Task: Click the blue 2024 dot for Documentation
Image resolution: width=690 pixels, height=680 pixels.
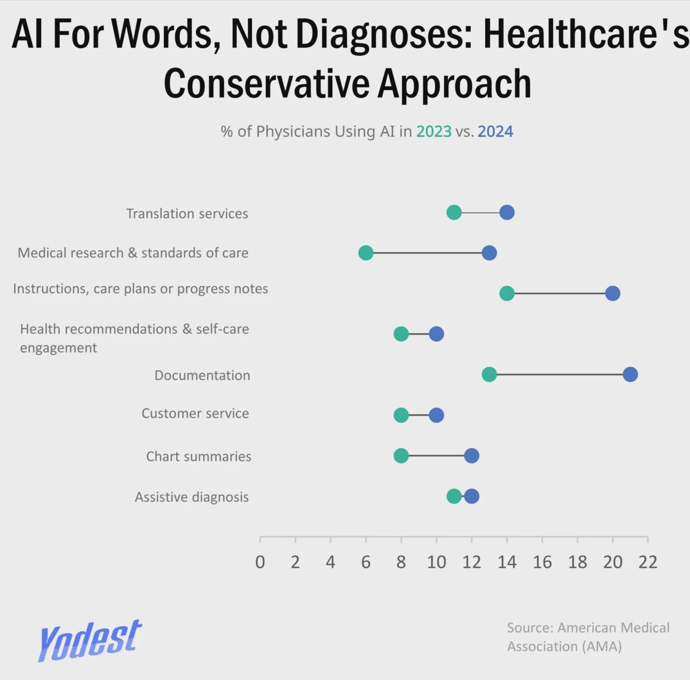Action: pyautogui.click(x=630, y=374)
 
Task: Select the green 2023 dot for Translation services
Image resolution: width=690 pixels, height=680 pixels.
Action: pyautogui.click(x=454, y=212)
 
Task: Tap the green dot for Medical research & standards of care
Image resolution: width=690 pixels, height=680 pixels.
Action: pyautogui.click(x=366, y=253)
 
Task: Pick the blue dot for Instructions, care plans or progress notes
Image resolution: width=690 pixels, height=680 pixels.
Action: pyautogui.click(x=612, y=293)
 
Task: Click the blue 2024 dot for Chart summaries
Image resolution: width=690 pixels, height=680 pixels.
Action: pyautogui.click(x=471, y=456)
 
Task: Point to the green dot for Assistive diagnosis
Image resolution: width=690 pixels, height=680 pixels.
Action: pyautogui.click(x=453, y=496)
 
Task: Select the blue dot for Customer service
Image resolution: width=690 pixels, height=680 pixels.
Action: pyautogui.click(x=436, y=415)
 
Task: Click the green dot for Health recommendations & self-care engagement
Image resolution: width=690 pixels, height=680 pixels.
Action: pyautogui.click(x=401, y=334)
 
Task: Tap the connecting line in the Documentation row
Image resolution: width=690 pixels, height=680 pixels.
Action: pyautogui.click(x=559, y=374)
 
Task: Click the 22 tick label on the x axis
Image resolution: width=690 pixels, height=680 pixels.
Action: pyautogui.click(x=648, y=562)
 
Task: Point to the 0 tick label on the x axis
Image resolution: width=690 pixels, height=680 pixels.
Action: pyautogui.click(x=260, y=562)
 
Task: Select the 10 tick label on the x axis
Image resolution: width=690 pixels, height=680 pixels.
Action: pyautogui.click(x=436, y=562)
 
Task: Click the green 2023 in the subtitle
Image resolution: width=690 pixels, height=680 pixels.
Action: pyautogui.click(x=433, y=132)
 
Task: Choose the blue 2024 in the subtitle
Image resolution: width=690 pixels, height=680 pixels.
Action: pyautogui.click(x=495, y=132)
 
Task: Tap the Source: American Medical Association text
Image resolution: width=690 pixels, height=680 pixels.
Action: pyautogui.click(x=588, y=636)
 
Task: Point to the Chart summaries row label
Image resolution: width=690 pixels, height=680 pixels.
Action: pyautogui.click(x=199, y=456)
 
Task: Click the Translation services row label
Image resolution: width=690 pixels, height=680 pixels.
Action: pyautogui.click(x=187, y=213)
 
